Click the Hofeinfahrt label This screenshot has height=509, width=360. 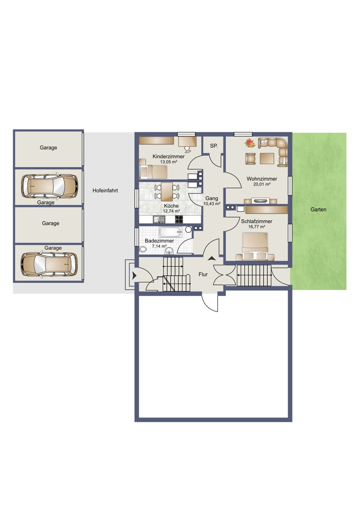pyautogui.click(x=105, y=190)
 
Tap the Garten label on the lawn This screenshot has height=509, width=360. pyautogui.click(x=318, y=210)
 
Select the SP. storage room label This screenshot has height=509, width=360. pyautogui.click(x=214, y=146)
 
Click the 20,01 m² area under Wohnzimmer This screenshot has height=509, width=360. pyautogui.click(x=262, y=184)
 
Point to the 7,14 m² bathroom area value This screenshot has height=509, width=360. pyautogui.click(x=160, y=246)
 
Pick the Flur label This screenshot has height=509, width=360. pyautogui.click(x=203, y=274)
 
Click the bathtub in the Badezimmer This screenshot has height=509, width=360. pyautogui.click(x=170, y=232)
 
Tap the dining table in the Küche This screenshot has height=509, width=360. pyautogui.click(x=167, y=192)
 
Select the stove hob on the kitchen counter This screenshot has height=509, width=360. pyautogui.click(x=179, y=219)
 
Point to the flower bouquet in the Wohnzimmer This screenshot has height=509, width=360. pyautogui.click(x=250, y=143)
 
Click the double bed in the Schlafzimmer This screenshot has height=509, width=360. pyautogui.click(x=255, y=246)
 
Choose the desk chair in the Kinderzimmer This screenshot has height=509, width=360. pyautogui.click(x=188, y=149)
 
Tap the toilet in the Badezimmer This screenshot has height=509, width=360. pyautogui.click(x=143, y=249)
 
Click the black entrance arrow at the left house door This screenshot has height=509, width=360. pyautogui.click(x=134, y=276)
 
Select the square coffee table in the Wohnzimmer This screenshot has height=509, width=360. pyautogui.click(x=267, y=158)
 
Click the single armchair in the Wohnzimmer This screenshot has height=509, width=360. pyautogui.click(x=250, y=158)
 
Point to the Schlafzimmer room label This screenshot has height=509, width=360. pyautogui.click(x=256, y=221)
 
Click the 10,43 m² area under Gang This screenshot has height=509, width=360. pyautogui.click(x=212, y=204)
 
